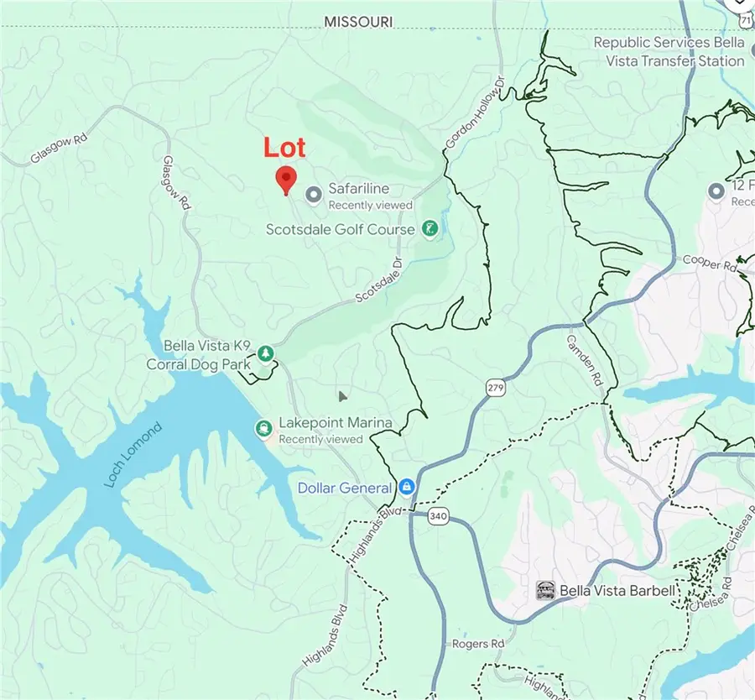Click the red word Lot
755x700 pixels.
(284, 148)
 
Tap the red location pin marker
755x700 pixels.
(287, 180)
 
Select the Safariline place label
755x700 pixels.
(358, 190)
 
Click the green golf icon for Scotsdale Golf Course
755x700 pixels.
(430, 228)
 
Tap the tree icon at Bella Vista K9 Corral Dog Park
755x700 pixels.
(266, 353)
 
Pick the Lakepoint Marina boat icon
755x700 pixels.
(264, 430)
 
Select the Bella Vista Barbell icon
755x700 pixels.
(545, 591)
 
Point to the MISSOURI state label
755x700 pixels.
(358, 22)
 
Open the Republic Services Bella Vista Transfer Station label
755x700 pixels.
(669, 51)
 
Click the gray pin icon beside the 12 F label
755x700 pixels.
(716, 191)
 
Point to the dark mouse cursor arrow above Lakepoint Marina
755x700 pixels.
(342, 395)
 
